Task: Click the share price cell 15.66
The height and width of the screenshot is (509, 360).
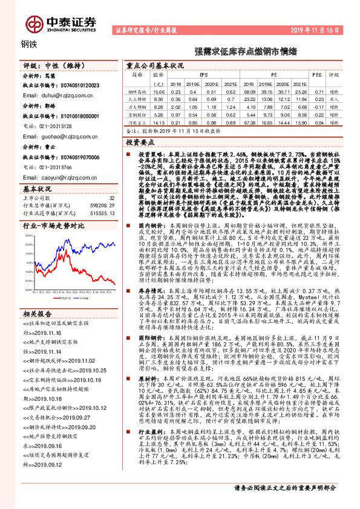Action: tap(158, 91)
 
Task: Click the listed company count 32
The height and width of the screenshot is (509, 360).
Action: tap(111, 198)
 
